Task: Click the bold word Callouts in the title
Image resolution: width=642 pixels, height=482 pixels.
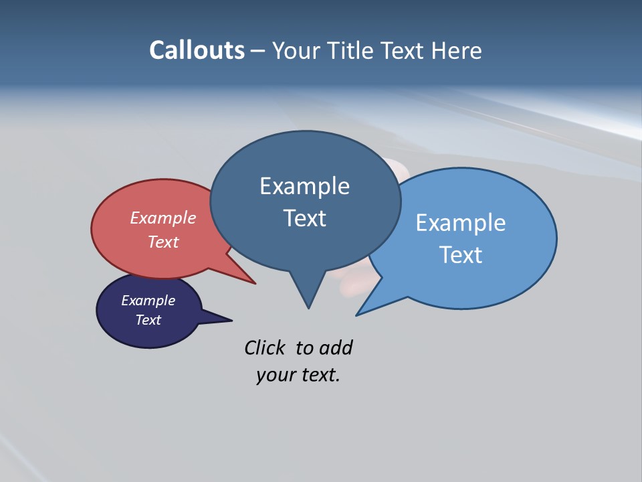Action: point(197,50)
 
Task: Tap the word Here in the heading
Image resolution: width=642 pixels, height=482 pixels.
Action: point(457,50)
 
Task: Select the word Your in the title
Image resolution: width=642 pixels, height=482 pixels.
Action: point(297,50)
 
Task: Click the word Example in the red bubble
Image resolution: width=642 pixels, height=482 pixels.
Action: point(163,218)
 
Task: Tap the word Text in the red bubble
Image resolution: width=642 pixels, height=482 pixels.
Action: point(163,242)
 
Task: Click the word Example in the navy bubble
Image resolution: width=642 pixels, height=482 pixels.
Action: point(148,301)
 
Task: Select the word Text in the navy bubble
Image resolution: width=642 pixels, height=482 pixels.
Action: point(148,320)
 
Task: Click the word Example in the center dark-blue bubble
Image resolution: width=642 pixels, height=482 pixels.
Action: point(304,186)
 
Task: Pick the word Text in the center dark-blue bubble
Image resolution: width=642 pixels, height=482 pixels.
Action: point(304,218)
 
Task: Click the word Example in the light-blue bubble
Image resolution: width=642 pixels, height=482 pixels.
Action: point(460,223)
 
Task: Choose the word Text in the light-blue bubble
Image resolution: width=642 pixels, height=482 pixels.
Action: point(460,255)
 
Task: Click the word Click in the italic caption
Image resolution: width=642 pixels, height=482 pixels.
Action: point(265,347)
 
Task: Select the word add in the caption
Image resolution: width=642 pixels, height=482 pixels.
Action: point(336,347)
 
